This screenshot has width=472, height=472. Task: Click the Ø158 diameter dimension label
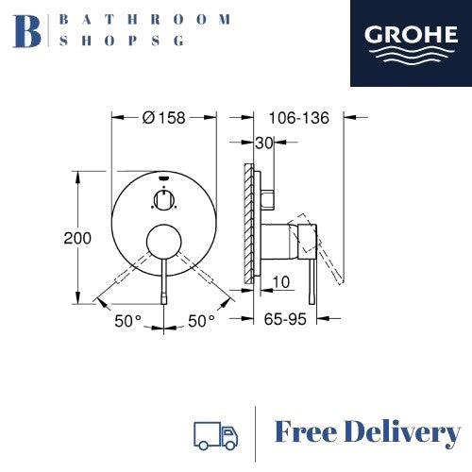[x=163, y=118]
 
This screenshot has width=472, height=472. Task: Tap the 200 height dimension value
[x=77, y=238]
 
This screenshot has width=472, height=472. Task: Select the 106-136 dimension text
[x=298, y=118]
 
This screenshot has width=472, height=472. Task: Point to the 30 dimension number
[x=263, y=143]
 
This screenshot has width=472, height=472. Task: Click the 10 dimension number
[x=280, y=282]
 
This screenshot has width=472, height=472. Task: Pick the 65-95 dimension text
[x=285, y=319]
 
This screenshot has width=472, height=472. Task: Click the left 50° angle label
[x=127, y=321]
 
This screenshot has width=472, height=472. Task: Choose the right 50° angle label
[x=201, y=321]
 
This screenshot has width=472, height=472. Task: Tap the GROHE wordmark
[x=411, y=34]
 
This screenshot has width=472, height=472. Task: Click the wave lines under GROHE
[x=411, y=55]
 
